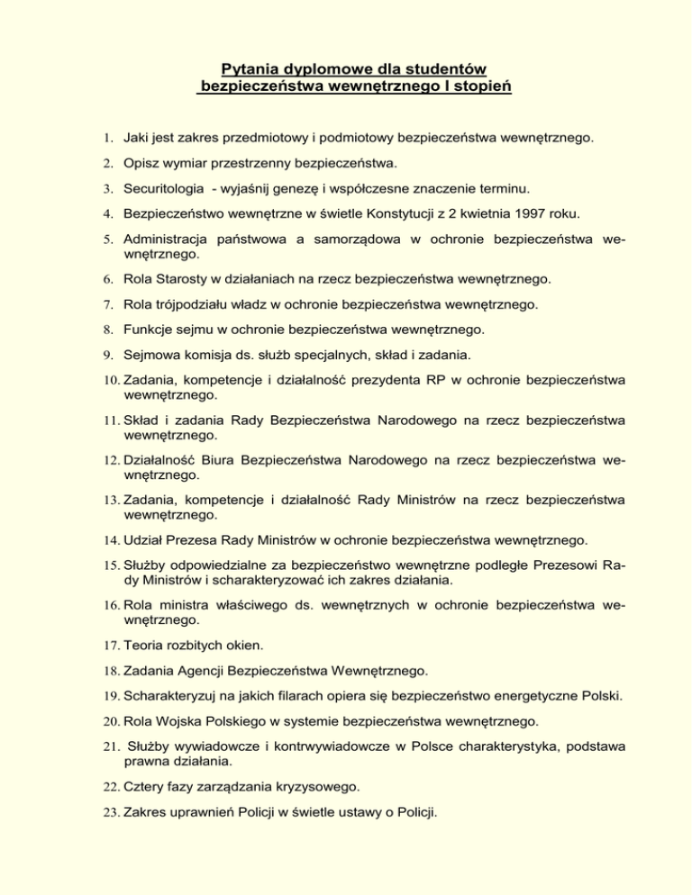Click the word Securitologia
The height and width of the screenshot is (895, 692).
[168, 190]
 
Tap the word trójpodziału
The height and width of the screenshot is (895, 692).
[183, 304]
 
